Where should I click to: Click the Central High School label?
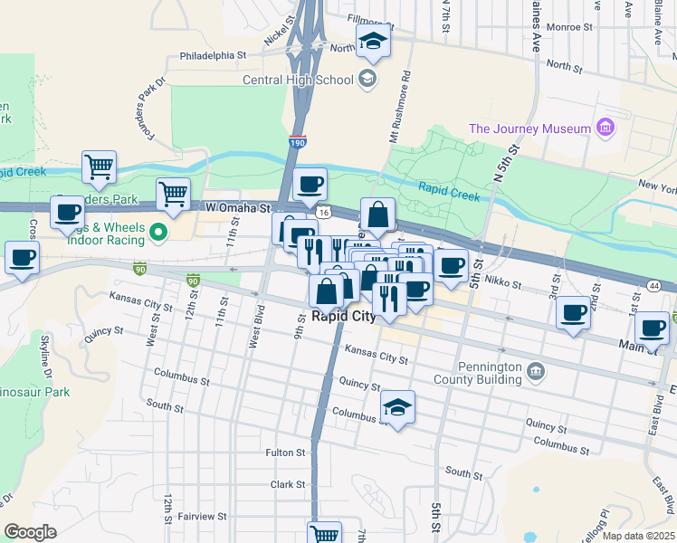pyautogui.click(x=297, y=80)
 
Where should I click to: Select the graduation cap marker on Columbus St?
pyautogui.click(x=397, y=407)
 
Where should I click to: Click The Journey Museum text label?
pyautogui.click(x=529, y=129)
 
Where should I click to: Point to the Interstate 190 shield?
pyautogui.click(x=298, y=142)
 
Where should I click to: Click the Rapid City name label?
pyautogui.click(x=343, y=317)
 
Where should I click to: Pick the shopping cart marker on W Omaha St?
pyautogui.click(x=173, y=192)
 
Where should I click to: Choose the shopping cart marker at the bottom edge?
pyautogui.click(x=324, y=533)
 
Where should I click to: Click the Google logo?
pyautogui.click(x=30, y=532)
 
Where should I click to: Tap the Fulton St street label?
pyautogui.click(x=284, y=452)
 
